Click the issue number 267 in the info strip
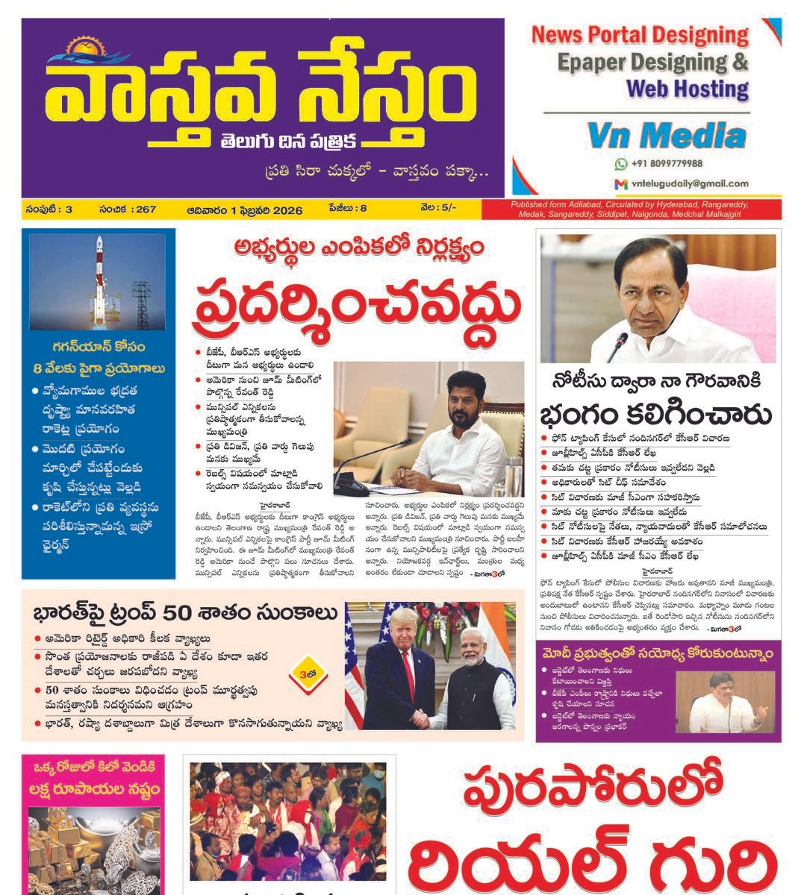tap(146, 210)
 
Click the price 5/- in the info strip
tap(448, 210)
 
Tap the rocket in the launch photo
tap(99, 268)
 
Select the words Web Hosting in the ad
tap(687, 89)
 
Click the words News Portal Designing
tap(639, 35)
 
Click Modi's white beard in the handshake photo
tap(472, 659)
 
